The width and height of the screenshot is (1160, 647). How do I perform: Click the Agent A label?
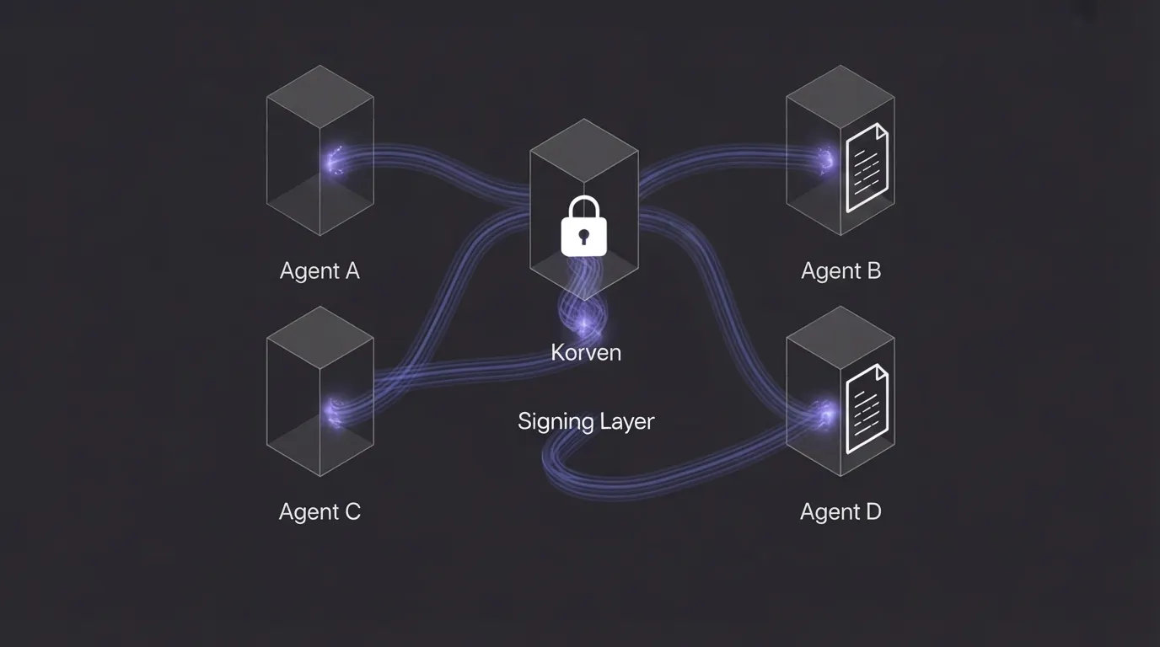(x=320, y=271)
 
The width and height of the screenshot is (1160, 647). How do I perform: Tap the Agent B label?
(x=841, y=271)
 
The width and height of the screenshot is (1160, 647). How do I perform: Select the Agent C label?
(x=320, y=512)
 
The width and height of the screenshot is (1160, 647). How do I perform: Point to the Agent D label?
(x=841, y=512)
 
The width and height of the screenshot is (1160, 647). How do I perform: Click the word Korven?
(x=586, y=352)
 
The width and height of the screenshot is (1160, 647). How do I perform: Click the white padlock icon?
(x=584, y=226)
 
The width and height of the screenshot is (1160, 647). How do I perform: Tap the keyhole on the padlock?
(x=584, y=237)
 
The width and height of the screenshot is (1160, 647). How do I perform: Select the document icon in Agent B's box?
(x=867, y=168)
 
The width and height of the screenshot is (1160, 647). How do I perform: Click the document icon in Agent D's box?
(x=867, y=409)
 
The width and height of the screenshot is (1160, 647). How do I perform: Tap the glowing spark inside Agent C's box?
(x=334, y=413)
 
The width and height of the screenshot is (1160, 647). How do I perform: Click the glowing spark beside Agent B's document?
(x=825, y=159)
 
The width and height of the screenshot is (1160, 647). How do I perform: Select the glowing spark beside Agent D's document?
(x=824, y=414)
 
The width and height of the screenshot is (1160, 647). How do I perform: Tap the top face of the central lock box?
(x=584, y=150)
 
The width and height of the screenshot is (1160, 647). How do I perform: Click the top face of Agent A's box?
(x=320, y=97)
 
